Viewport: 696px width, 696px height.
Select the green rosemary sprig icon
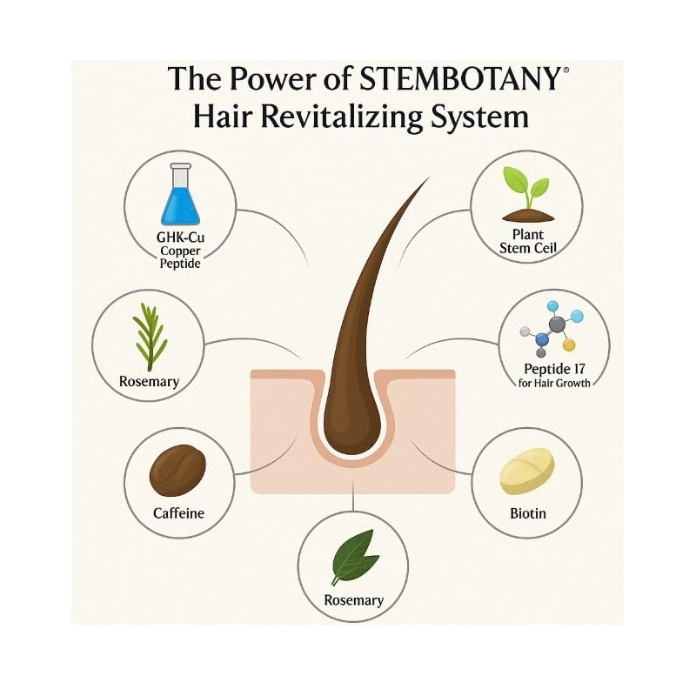click(151, 338)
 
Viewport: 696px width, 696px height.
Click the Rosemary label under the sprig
click(150, 381)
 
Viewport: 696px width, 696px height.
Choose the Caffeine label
click(178, 512)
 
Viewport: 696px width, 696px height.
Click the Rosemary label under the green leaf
click(353, 600)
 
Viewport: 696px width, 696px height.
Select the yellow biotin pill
click(527, 471)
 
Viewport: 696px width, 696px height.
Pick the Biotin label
click(527, 512)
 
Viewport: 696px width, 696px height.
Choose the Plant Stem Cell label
click(525, 241)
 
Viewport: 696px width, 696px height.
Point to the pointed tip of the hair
click(427, 179)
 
